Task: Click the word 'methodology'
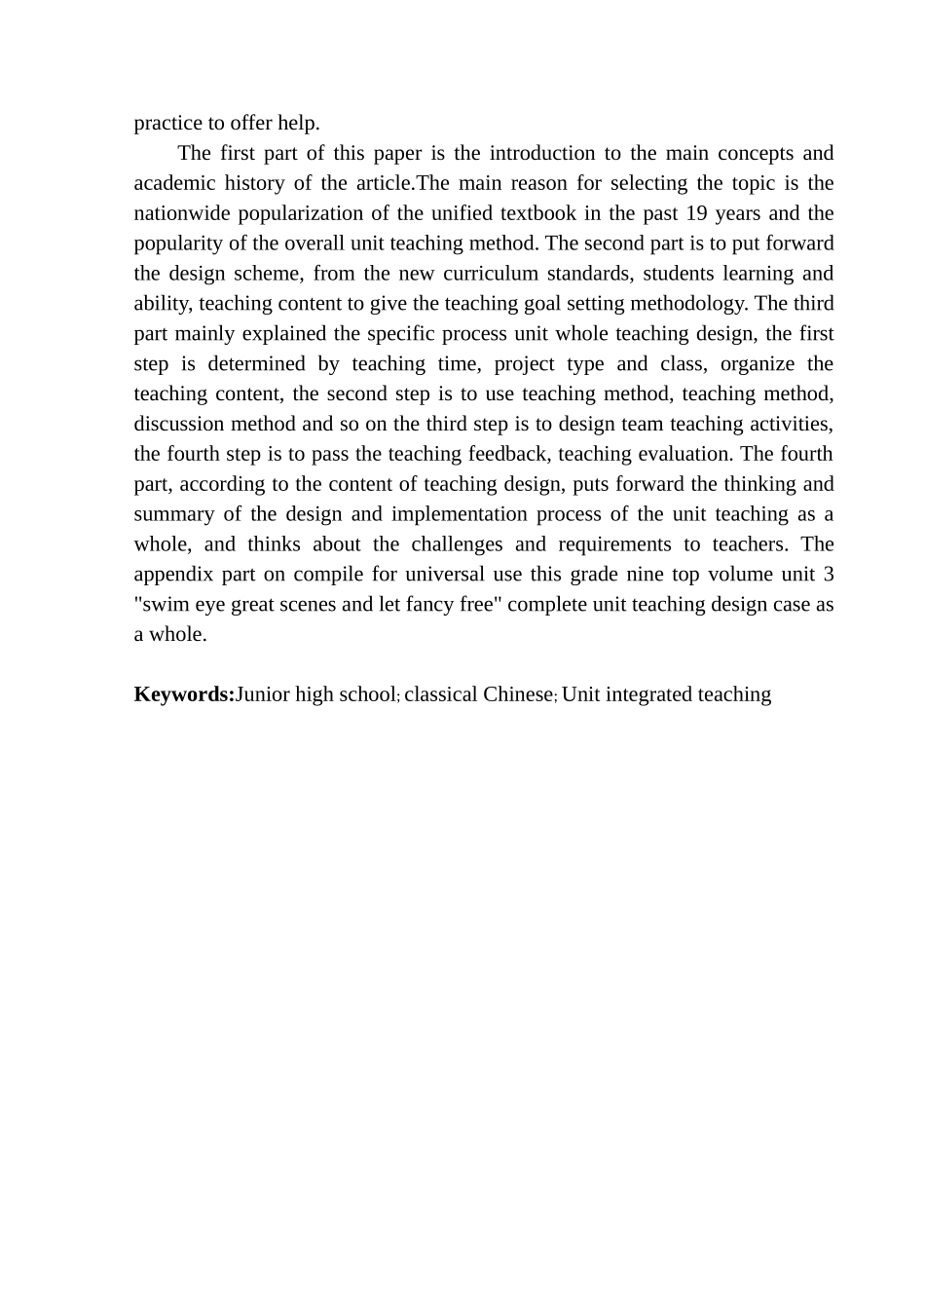(x=689, y=304)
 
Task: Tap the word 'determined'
(x=256, y=364)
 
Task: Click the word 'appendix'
(x=172, y=575)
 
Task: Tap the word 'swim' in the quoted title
(x=163, y=605)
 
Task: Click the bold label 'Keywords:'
(x=184, y=694)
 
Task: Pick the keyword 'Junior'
(x=263, y=694)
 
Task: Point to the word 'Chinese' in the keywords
(x=518, y=694)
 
